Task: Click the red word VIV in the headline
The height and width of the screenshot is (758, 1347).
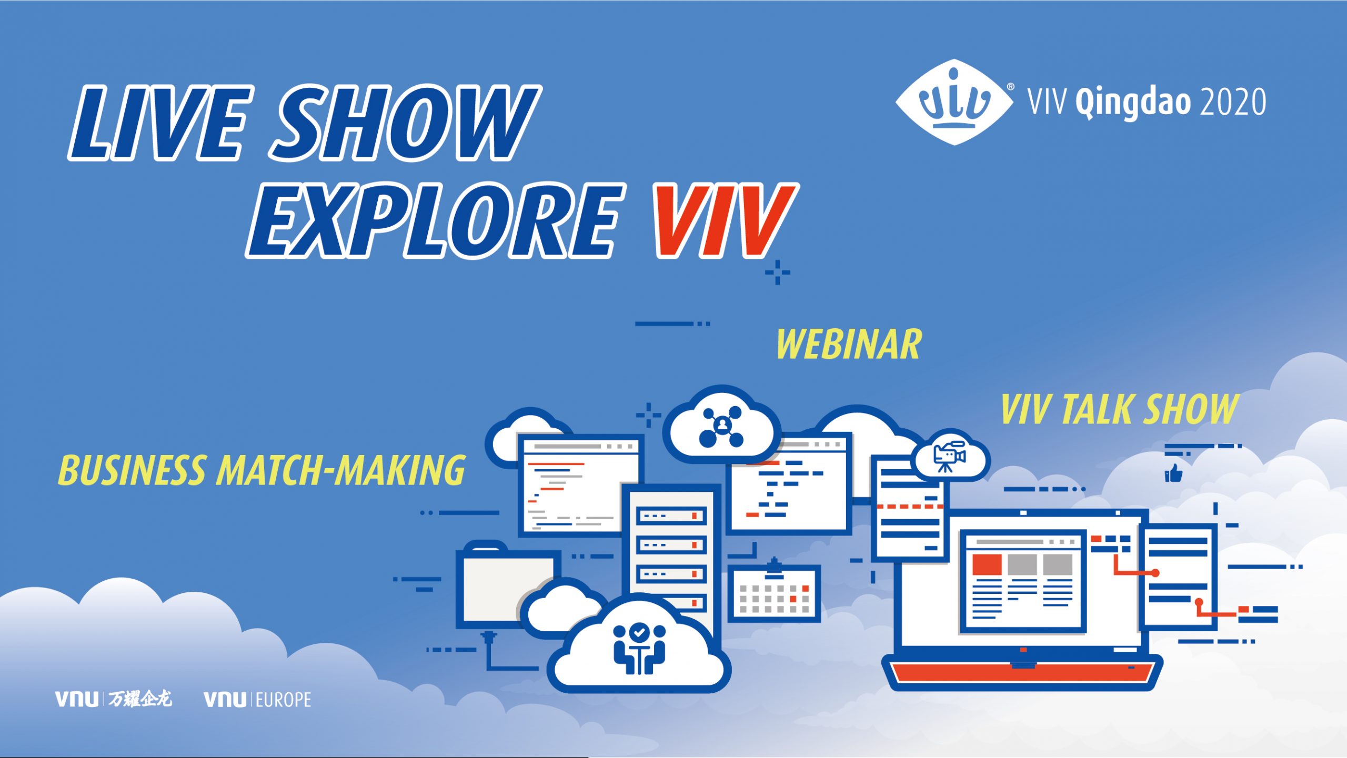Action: [725, 221]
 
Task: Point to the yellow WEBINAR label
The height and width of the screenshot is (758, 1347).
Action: [849, 345]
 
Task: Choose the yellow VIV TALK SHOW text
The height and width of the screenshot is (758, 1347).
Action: [1120, 409]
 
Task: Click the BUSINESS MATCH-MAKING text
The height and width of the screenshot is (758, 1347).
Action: [262, 470]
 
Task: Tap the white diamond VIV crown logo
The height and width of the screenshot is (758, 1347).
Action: [954, 102]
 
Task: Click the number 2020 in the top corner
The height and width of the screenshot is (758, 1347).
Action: [1233, 102]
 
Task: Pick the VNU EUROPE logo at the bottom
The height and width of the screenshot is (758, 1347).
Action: [257, 700]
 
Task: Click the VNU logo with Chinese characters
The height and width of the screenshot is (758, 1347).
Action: [114, 699]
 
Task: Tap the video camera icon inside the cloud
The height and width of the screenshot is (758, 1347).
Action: [949, 456]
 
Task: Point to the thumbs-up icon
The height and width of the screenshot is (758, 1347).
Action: [1173, 473]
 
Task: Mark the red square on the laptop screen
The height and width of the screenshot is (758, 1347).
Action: [987, 564]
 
